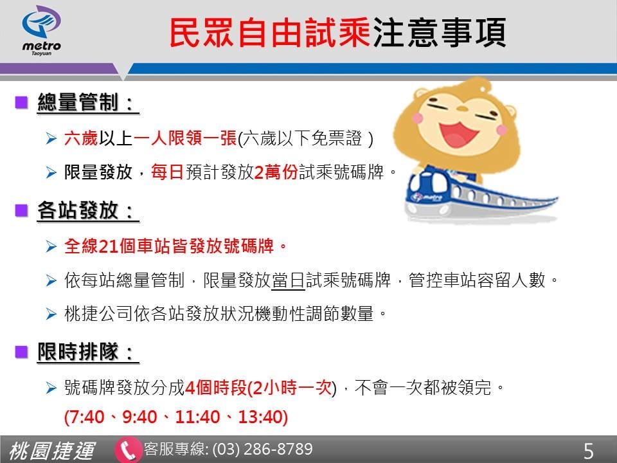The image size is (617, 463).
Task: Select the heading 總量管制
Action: [x=88, y=103]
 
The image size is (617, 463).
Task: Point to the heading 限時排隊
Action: [x=88, y=352]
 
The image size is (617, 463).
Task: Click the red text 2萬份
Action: [x=277, y=172]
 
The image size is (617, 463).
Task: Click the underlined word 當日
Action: [x=289, y=280]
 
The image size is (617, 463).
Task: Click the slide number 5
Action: [x=588, y=451]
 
